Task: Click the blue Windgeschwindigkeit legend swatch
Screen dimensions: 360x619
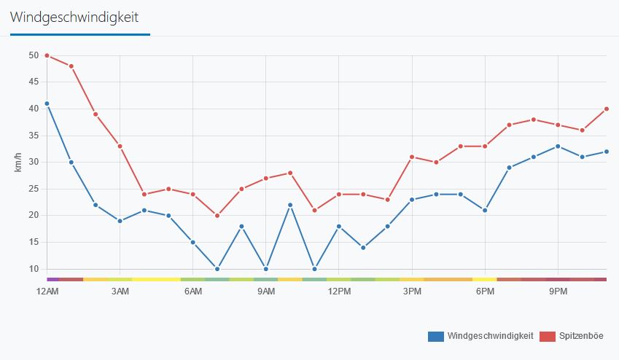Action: (436, 336)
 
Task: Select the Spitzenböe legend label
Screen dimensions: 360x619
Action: (581, 336)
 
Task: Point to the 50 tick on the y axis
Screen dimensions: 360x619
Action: (34, 55)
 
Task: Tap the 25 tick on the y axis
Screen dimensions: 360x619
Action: (34, 189)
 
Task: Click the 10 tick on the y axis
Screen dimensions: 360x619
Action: (34, 269)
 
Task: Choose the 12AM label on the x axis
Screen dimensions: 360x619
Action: (47, 291)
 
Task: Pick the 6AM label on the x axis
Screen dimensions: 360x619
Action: (193, 291)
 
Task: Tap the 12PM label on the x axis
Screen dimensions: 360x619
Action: (339, 291)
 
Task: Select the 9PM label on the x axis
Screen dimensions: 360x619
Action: (558, 291)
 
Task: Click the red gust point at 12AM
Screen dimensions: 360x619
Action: (47, 55)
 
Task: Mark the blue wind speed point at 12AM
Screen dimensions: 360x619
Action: (47, 103)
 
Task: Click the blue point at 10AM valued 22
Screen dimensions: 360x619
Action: (290, 205)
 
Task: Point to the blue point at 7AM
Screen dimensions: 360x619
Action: (217, 269)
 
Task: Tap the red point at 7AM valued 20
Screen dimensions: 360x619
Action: (217, 216)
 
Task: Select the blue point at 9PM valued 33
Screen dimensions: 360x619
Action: (558, 146)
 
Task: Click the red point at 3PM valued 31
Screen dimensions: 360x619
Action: (412, 157)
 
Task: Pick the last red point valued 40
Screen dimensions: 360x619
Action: (606, 109)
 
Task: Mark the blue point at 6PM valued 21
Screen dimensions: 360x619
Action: (485, 210)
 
